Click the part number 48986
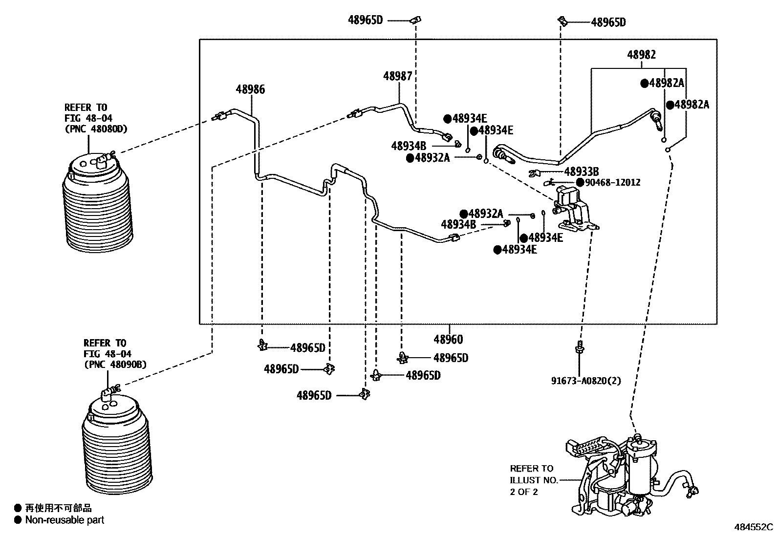point(250,89)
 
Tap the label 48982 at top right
point(641,55)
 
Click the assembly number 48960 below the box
point(448,339)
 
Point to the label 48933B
point(581,172)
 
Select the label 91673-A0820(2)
point(586,381)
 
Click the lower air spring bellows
point(116,445)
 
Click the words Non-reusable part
point(65,520)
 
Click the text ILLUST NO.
point(534,480)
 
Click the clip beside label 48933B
point(534,172)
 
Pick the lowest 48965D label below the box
point(314,395)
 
